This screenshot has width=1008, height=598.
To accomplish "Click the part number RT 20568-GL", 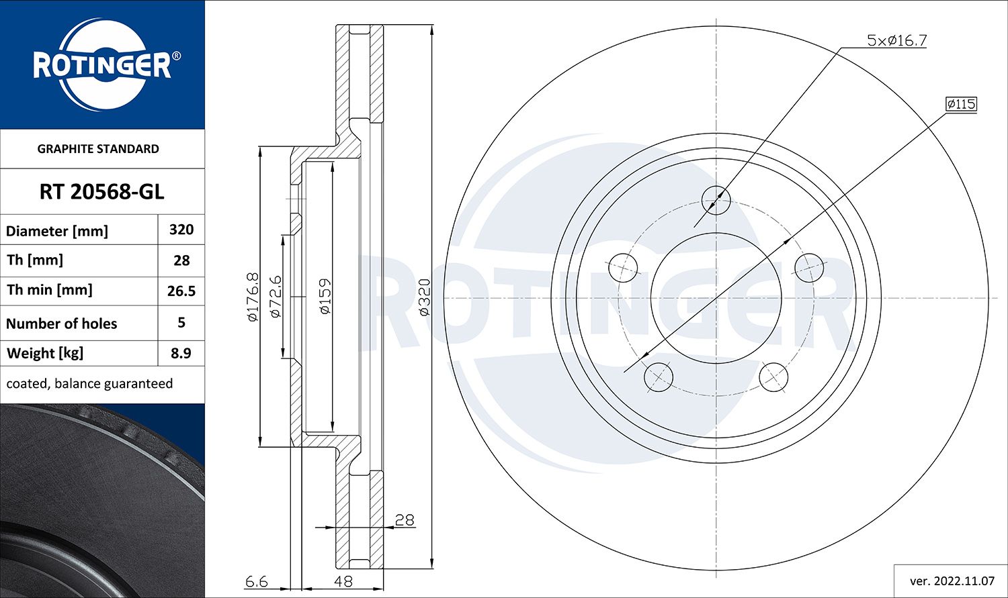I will (x=101, y=192).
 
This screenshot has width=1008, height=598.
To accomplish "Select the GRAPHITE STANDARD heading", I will (x=98, y=149).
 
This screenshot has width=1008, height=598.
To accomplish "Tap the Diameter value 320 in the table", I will (x=181, y=230).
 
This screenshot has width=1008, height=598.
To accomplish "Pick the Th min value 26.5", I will (x=181, y=291).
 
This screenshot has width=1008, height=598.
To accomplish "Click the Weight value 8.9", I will (x=181, y=353).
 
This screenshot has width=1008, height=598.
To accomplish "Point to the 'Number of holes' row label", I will (x=61, y=323).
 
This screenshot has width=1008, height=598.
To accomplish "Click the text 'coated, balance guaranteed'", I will (x=89, y=384).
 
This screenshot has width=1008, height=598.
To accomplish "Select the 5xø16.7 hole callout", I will (x=896, y=40).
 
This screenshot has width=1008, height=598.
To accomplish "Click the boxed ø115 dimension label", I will (x=961, y=104).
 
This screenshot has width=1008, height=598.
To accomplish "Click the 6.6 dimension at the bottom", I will (x=256, y=581).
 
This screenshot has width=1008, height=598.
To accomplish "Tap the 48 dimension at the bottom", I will (x=343, y=581).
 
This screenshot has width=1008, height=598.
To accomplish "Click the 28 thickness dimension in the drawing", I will (x=404, y=519).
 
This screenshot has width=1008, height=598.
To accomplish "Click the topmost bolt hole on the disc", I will (x=716, y=200).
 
